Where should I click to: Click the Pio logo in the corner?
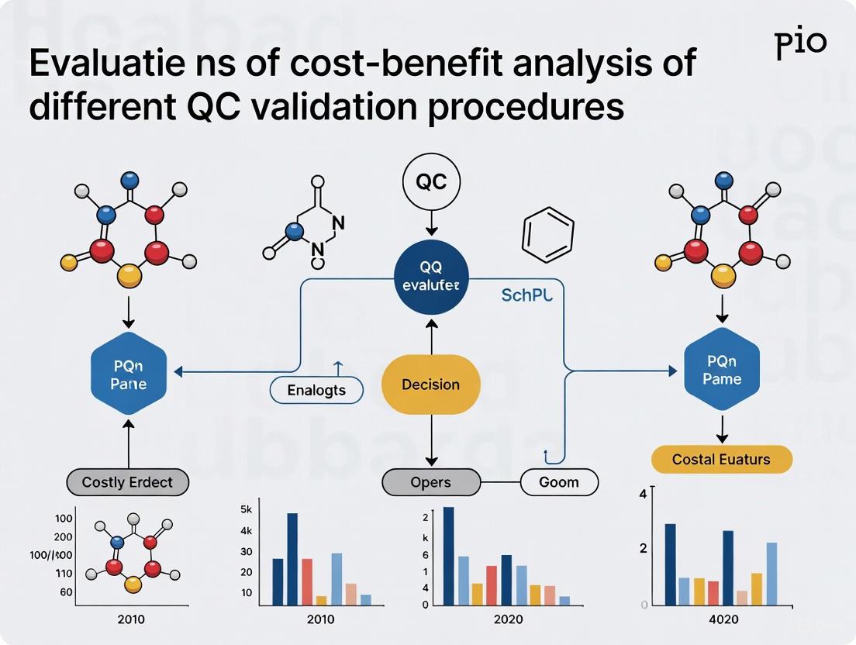pos(801,45)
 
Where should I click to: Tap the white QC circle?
pos(431,182)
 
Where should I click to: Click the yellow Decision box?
pos(431,385)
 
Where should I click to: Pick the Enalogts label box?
pos(316,390)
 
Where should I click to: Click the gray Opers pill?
pos(430,482)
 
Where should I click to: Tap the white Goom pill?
pos(558,482)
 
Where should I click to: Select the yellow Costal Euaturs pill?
pos(721,459)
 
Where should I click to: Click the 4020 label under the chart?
pos(723,619)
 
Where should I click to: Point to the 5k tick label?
pos(247,510)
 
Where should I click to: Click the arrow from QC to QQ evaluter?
pos(431,223)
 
